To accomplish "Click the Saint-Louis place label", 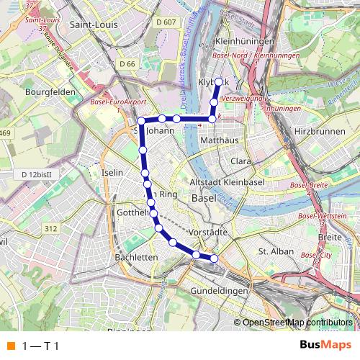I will coord(95,24).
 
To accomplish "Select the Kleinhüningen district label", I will coord(245,42).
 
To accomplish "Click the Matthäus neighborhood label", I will coord(220,139).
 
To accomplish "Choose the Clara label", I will coord(240,161).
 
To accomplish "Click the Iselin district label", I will coord(113,173).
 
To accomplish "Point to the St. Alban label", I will coord(274,251).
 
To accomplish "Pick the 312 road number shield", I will coord(50,228).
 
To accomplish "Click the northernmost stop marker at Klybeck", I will coord(219,81).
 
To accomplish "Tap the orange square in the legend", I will coord(9,346).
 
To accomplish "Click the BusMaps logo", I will coord(325,345).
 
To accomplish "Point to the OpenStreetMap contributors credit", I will coord(297,322).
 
